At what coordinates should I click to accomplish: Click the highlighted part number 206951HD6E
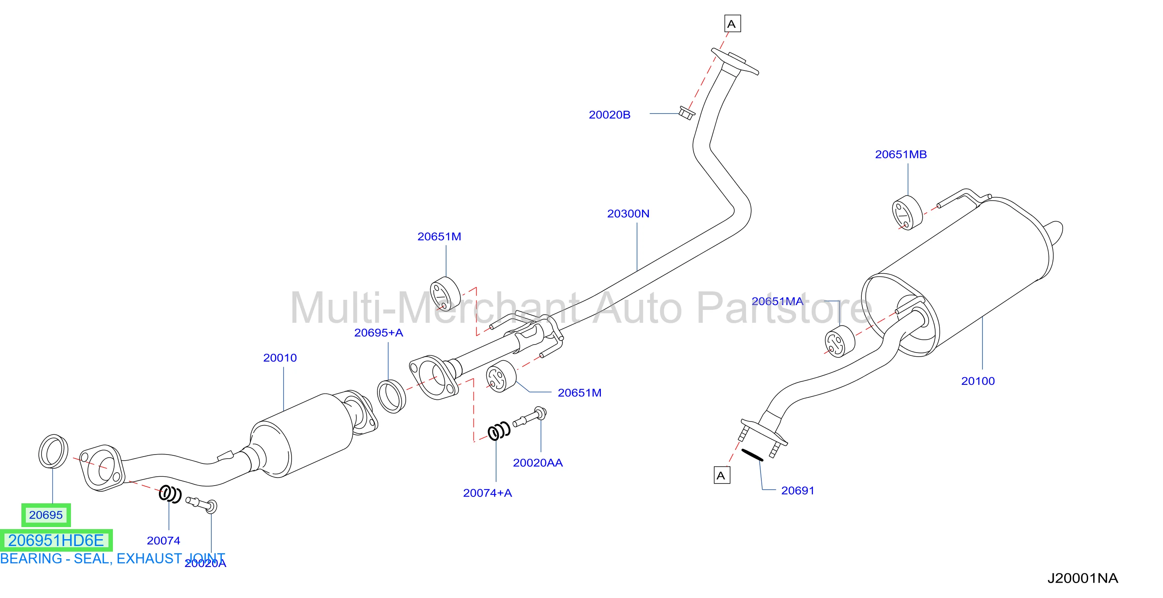56,540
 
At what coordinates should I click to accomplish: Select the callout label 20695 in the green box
46,515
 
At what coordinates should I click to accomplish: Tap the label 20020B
609,114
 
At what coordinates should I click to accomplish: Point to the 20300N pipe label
628,213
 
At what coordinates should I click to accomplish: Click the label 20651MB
901,154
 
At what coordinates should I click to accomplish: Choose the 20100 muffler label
978,381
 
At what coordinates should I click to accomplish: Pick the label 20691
798,490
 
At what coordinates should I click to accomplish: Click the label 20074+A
488,493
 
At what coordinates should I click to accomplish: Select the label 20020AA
538,463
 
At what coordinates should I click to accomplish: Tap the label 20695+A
378,333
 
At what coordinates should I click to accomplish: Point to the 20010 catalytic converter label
280,357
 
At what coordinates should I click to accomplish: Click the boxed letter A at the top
732,23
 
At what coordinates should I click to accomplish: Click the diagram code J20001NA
1083,578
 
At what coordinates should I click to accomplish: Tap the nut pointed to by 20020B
686,113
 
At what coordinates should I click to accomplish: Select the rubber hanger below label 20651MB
907,213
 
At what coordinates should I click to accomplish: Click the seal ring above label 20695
53,451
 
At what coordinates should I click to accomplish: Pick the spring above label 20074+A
499,431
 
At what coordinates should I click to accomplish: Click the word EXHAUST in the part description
149,559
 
